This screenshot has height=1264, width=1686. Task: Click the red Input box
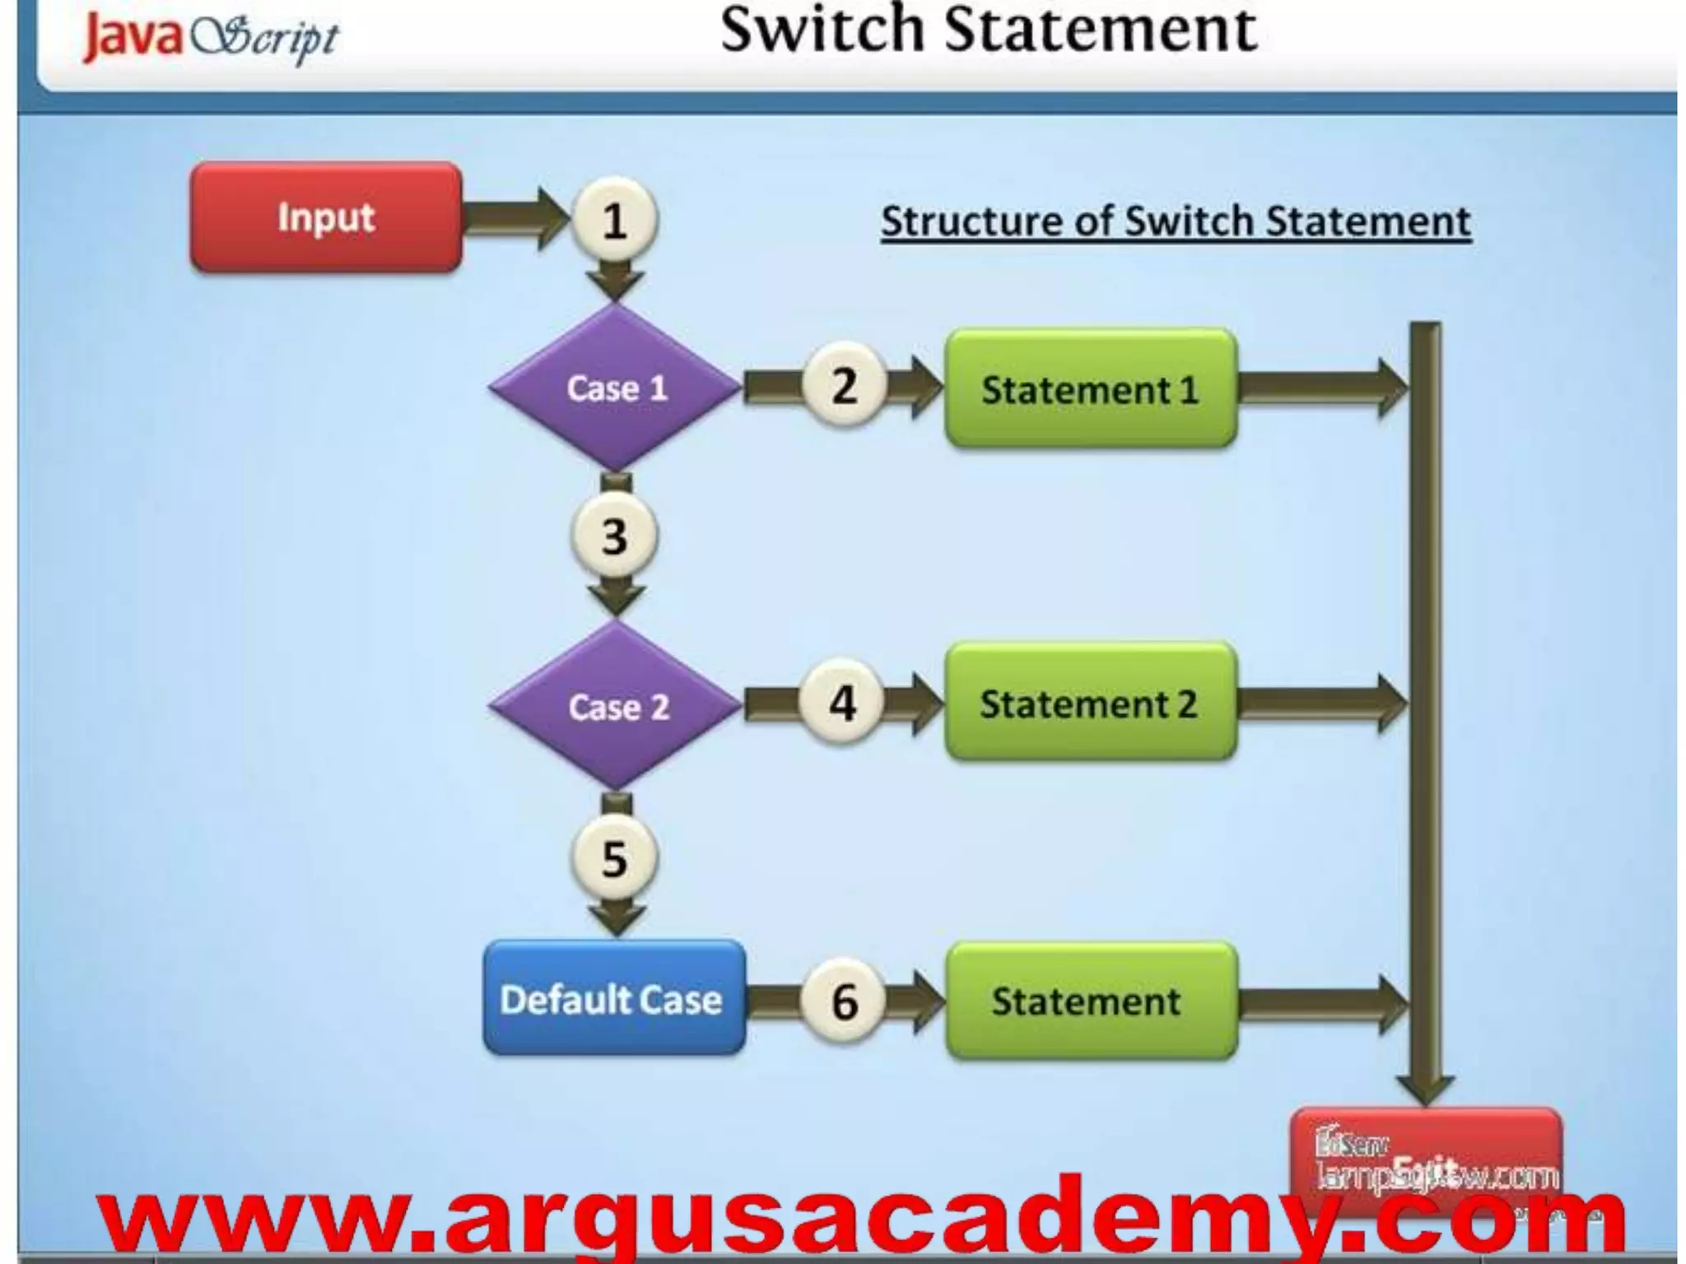326,218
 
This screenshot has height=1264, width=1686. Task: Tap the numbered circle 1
614,221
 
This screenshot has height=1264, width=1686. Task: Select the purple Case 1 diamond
616,388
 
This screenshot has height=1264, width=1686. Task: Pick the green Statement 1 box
1090,389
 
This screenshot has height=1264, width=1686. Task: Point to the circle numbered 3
614,537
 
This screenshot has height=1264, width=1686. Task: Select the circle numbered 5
614,858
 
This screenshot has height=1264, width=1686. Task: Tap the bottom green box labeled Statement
1090,1001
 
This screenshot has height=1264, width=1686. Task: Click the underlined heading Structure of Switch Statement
1176,221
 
